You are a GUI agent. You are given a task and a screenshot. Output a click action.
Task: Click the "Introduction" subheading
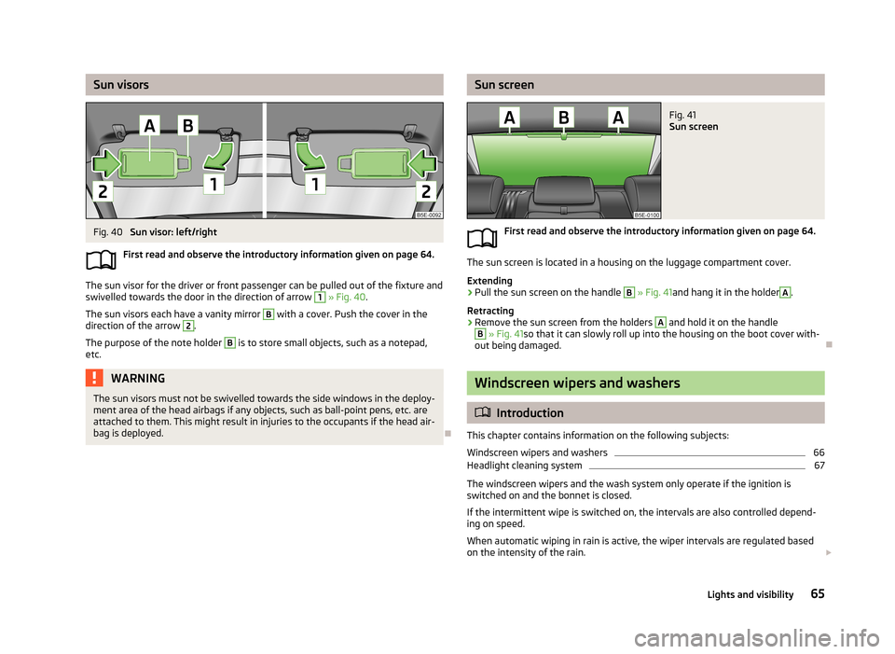point(530,413)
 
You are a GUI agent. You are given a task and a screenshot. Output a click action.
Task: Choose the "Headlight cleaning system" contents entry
point(524,466)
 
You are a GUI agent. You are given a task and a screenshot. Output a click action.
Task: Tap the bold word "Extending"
point(489,281)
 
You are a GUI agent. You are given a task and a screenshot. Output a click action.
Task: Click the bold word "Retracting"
point(490,309)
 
